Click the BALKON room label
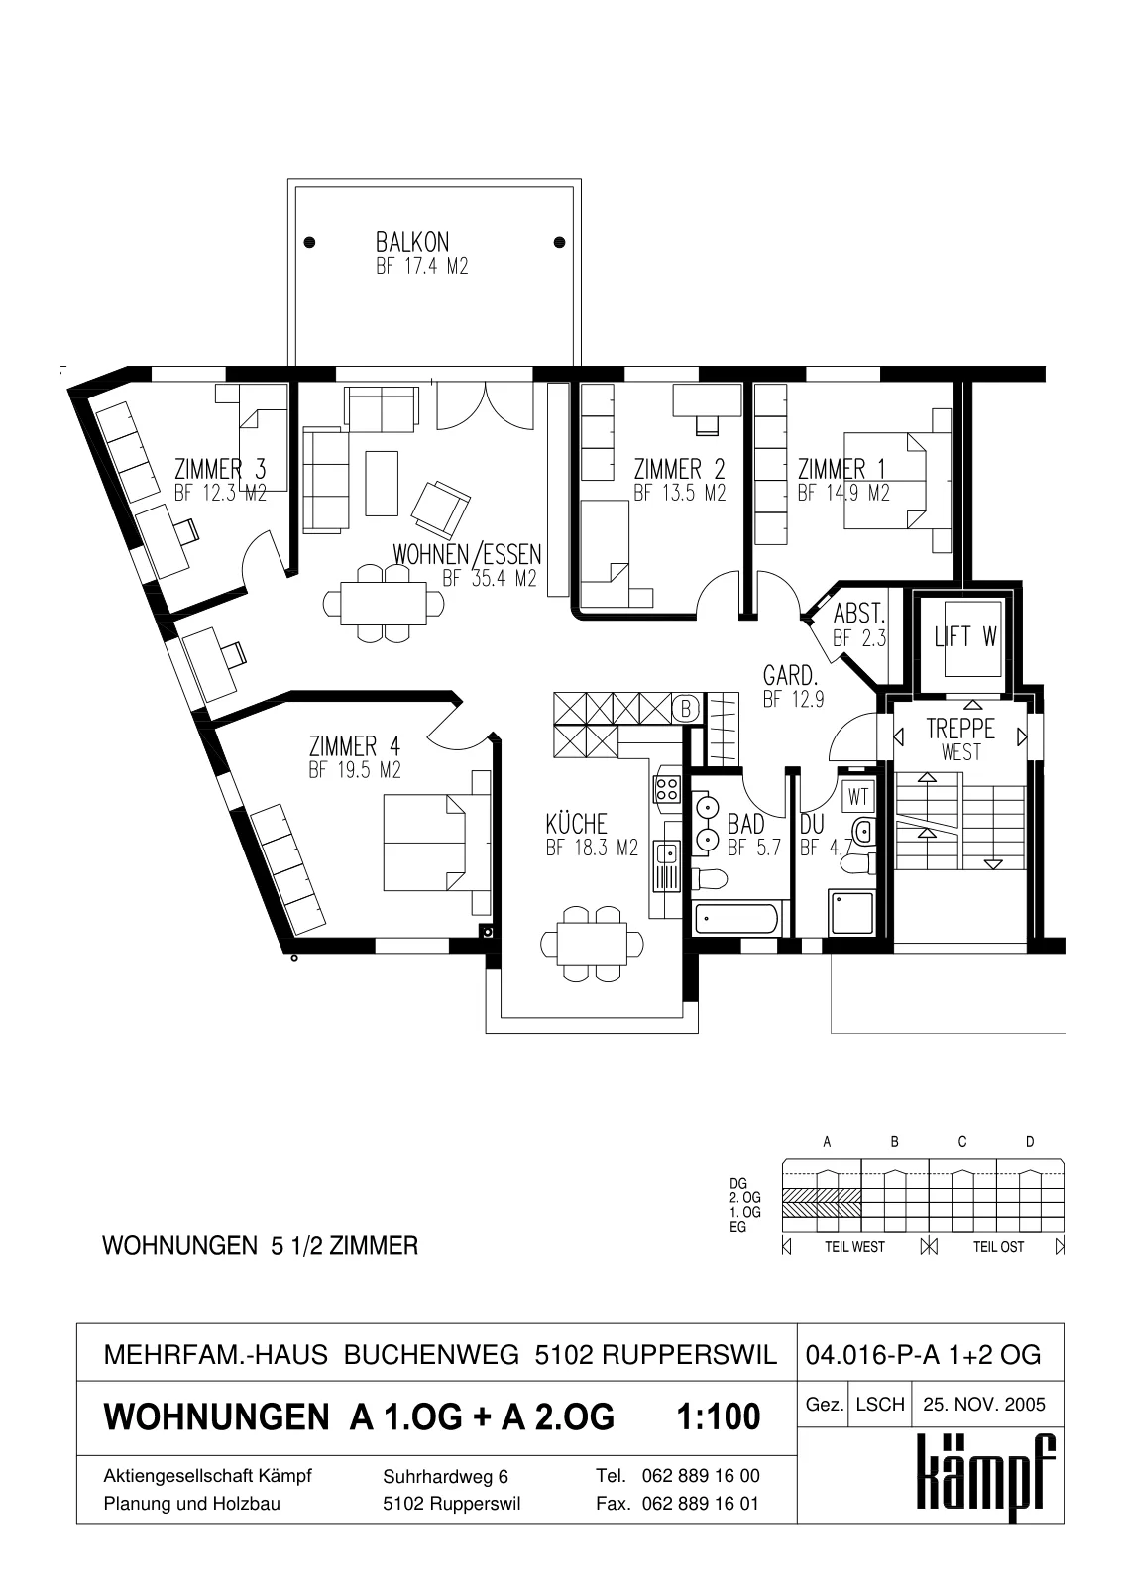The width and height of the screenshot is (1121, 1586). pyautogui.click(x=412, y=242)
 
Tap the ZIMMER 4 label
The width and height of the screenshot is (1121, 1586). pyautogui.click(x=354, y=746)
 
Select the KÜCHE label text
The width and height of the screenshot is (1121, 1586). pyautogui.click(x=577, y=824)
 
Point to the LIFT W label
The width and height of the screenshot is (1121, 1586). pyautogui.click(x=965, y=637)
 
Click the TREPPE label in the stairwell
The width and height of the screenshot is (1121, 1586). pyautogui.click(x=960, y=729)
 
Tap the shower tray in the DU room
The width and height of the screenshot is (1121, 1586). pyautogui.click(x=851, y=913)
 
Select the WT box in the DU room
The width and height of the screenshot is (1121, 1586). pyautogui.click(x=857, y=797)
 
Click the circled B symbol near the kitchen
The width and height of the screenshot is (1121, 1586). pyautogui.click(x=686, y=708)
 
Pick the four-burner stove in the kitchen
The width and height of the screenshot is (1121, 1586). pyautogui.click(x=667, y=788)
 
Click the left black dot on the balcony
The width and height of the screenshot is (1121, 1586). pyautogui.click(x=309, y=242)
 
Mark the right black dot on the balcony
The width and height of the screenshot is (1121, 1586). pyautogui.click(x=559, y=242)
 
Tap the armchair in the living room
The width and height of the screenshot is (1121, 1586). pyautogui.click(x=440, y=509)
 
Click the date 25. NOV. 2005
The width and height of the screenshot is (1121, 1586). pyautogui.click(x=983, y=1404)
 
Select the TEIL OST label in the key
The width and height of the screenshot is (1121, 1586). pyautogui.click(x=998, y=1247)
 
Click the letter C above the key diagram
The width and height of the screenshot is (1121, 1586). pyautogui.click(x=962, y=1141)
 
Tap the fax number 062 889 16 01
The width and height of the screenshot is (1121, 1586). pyautogui.click(x=701, y=1503)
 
